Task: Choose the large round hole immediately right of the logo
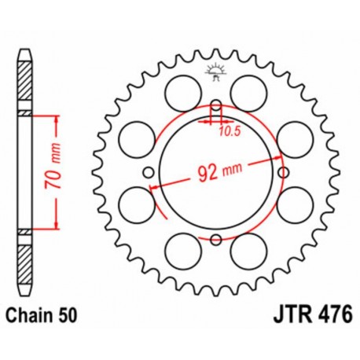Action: (x=248, y=86)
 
